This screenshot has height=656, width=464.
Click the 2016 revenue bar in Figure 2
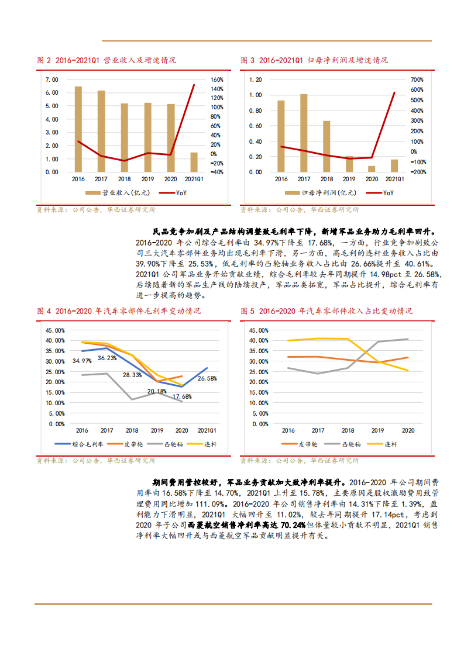tap(78, 129)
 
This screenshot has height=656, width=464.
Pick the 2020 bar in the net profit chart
tap(372, 169)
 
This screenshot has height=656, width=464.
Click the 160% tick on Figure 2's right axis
tap(216, 80)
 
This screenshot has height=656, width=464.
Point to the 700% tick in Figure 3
tap(417, 80)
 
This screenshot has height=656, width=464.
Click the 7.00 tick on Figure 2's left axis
tap(51, 80)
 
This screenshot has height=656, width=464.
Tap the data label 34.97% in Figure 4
tap(82, 361)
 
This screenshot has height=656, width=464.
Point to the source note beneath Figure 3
tap(300, 209)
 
